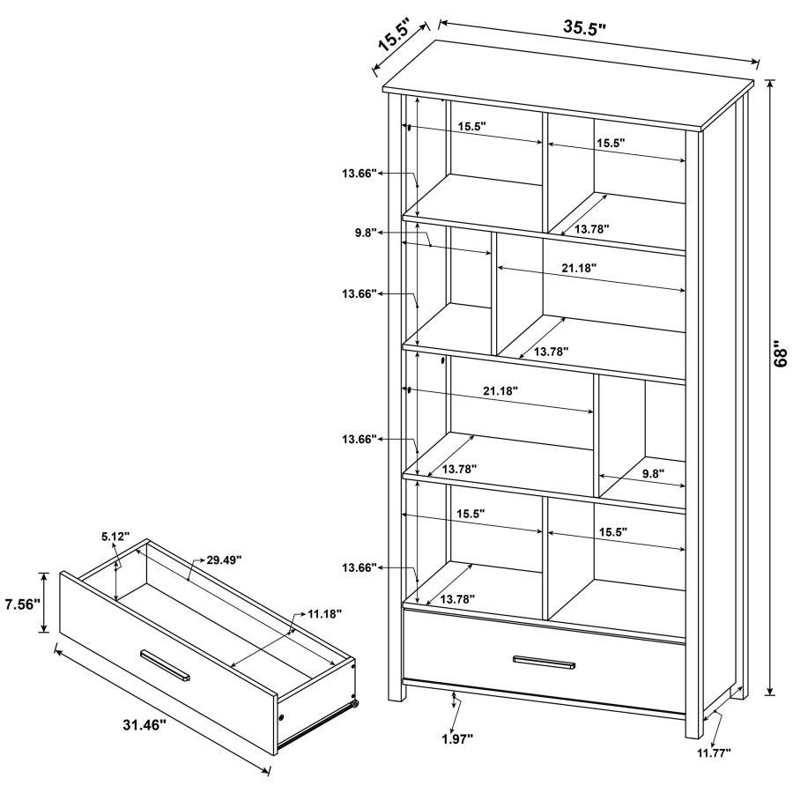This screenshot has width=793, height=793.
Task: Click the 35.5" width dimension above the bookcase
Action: pyautogui.click(x=584, y=29)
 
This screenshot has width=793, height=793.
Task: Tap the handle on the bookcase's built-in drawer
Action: pyautogui.click(x=544, y=661)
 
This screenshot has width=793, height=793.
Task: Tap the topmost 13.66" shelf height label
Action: pyautogui.click(x=359, y=174)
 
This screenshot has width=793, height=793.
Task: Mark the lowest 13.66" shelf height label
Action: pyautogui.click(x=359, y=567)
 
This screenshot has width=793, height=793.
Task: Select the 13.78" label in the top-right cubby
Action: pyautogui.click(x=591, y=229)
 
